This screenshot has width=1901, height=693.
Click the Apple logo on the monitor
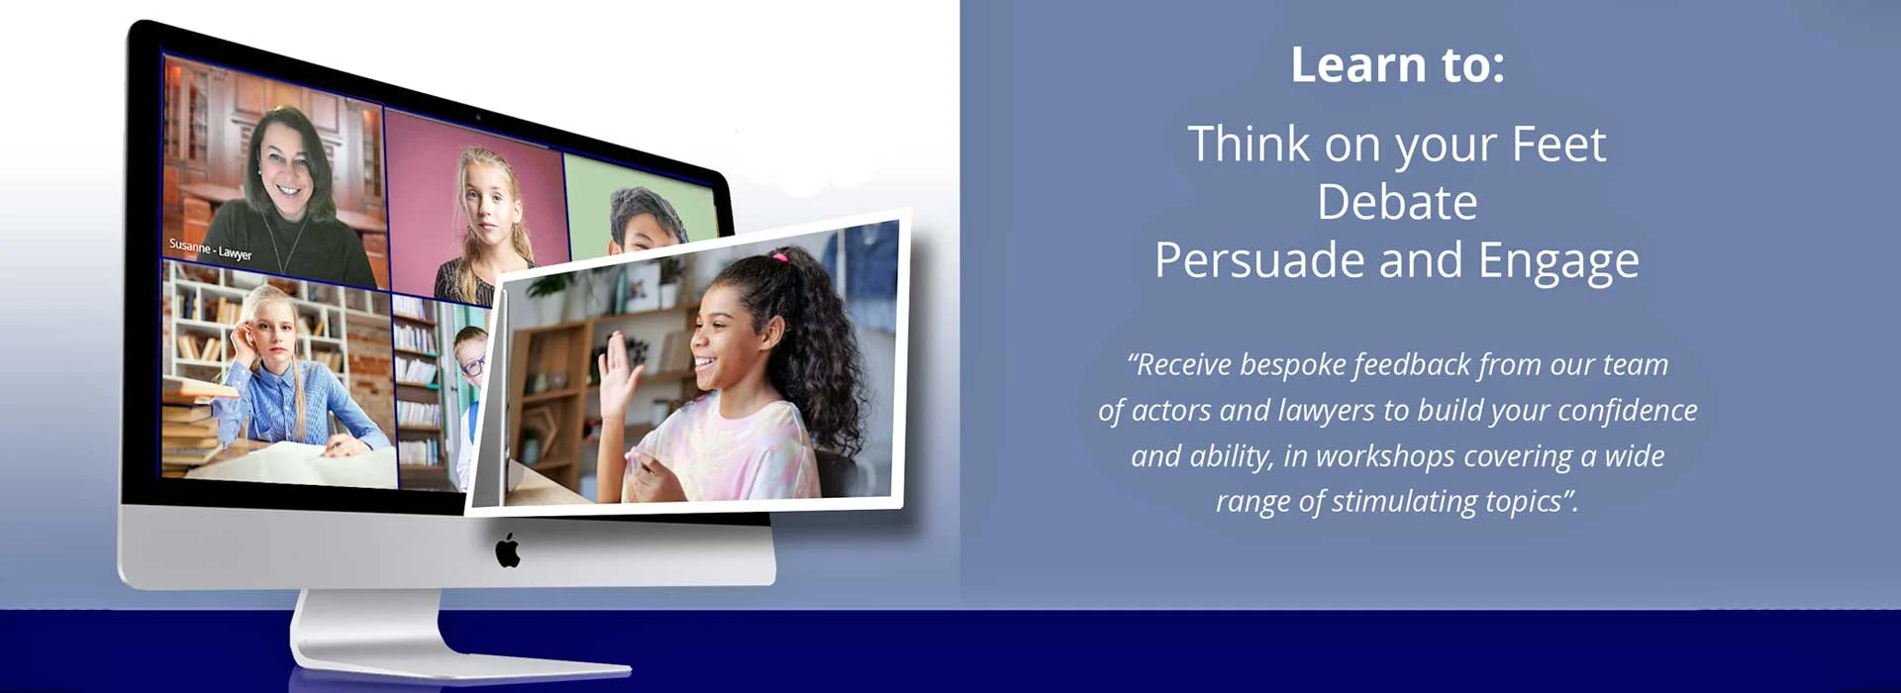[508, 550]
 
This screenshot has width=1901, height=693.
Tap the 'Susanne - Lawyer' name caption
[210, 248]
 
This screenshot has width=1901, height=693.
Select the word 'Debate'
[1397, 202]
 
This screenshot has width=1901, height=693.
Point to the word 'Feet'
[1558, 145]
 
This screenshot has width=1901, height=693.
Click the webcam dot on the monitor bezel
[477, 117]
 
